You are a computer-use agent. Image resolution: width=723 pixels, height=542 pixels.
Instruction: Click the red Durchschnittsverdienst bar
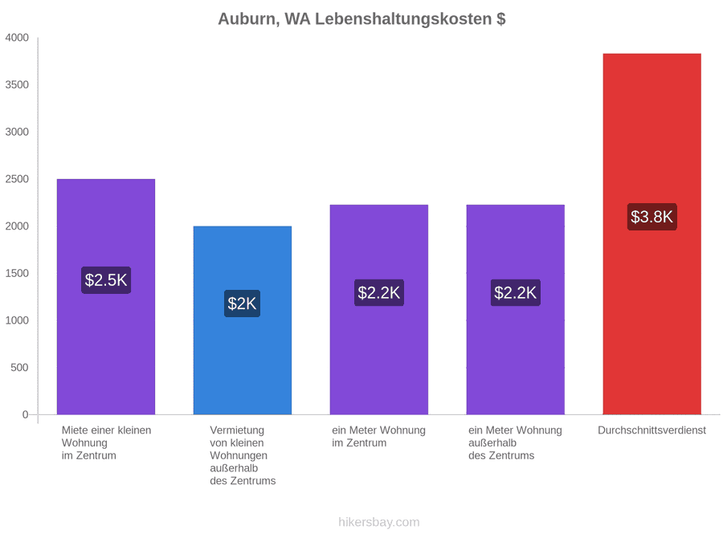[652, 234]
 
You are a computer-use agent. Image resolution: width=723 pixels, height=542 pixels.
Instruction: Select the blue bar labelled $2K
[243, 320]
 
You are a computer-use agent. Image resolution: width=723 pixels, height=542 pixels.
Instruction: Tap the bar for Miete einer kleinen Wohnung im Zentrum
[106, 297]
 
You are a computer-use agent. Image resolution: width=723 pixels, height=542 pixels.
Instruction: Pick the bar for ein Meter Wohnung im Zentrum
[379, 310]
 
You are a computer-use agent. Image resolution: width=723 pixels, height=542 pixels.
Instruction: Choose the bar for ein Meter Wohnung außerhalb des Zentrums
[516, 310]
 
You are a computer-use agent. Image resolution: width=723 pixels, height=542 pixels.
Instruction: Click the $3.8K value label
[652, 217]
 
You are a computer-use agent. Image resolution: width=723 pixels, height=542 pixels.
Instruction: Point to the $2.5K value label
[106, 279]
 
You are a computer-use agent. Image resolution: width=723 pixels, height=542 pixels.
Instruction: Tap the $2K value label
[242, 304]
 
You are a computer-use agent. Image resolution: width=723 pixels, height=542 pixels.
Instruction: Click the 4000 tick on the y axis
[17, 38]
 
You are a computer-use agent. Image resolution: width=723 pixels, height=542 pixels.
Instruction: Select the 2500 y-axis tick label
[17, 179]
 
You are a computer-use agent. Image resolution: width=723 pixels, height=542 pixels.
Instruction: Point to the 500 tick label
[19, 367]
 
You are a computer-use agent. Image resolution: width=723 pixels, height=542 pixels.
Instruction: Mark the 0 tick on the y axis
[26, 414]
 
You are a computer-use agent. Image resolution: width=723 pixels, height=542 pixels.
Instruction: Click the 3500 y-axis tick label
[17, 85]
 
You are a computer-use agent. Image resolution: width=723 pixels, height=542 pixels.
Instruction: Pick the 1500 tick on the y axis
[17, 273]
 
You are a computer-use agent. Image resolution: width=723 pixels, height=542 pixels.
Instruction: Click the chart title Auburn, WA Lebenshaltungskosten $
[361, 19]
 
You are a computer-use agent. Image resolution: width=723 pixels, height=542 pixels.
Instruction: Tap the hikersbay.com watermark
[379, 522]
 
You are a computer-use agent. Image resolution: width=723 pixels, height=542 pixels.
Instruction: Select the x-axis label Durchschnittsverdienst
[652, 430]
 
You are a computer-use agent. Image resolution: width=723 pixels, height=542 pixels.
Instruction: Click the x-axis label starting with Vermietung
[243, 455]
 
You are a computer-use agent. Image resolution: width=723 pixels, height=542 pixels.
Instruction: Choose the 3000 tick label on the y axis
[17, 132]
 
